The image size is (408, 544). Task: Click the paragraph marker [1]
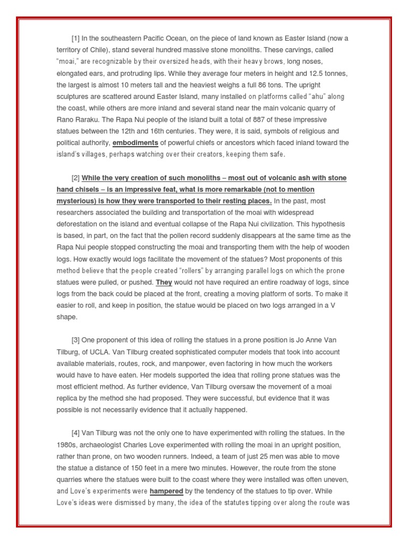tap(76, 38)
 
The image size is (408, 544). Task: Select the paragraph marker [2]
tap(76, 177)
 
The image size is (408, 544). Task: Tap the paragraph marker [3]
tap(76, 340)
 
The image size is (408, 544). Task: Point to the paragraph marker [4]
tap(76, 433)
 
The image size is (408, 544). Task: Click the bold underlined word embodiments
tap(135, 142)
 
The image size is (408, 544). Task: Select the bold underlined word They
tap(164, 282)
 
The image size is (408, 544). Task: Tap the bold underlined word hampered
tap(168, 491)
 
